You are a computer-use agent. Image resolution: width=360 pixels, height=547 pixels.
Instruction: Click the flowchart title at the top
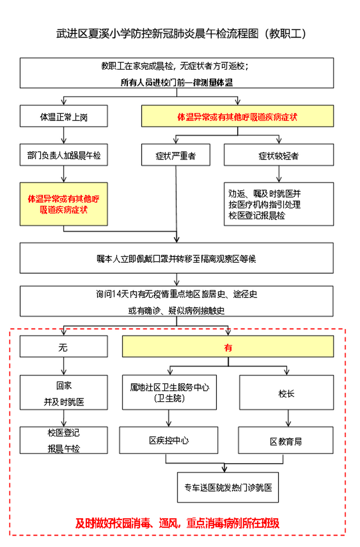(181, 33)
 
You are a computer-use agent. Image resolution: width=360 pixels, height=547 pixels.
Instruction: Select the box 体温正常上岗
(64, 116)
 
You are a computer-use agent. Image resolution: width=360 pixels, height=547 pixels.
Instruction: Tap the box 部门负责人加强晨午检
(64, 155)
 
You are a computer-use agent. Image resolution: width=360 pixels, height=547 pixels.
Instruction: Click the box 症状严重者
(175, 155)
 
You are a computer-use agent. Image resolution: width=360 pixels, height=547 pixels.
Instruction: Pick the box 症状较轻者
(279, 155)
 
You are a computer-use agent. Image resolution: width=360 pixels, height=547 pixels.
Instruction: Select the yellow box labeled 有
(228, 346)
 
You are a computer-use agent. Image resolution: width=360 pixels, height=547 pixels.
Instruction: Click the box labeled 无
(64, 346)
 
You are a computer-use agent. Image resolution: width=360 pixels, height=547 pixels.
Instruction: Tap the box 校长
(287, 392)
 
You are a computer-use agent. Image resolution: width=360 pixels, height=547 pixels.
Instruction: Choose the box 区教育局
(286, 440)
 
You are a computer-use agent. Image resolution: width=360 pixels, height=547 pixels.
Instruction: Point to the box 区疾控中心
(168, 440)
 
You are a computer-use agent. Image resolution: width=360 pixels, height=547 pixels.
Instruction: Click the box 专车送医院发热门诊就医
(228, 488)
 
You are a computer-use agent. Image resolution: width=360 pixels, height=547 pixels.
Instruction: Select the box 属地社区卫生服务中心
(169, 392)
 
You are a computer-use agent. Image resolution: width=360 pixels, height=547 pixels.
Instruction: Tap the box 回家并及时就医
(64, 392)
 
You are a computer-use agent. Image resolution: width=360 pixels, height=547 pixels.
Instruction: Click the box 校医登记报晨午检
(64, 440)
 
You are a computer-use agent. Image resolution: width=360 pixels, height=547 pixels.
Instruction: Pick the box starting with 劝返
(279, 204)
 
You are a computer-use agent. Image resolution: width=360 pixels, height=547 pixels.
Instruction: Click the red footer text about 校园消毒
(177, 523)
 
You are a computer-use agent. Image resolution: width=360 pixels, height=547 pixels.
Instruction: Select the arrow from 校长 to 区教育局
(288, 418)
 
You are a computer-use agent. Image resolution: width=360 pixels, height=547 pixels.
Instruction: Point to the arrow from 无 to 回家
(64, 366)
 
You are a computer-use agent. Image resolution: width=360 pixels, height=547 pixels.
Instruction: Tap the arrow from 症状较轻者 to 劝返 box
(279, 174)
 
